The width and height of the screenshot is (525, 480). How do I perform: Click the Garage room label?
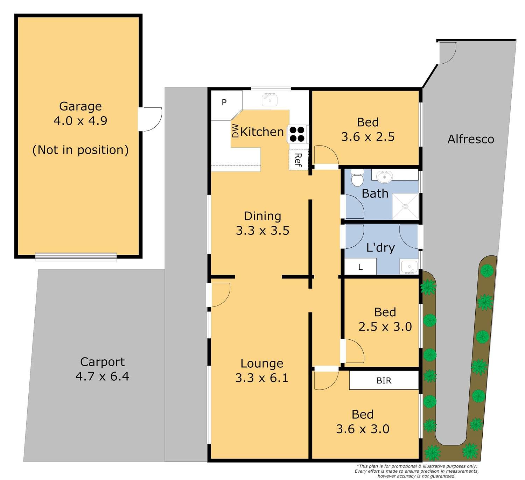point(80,106)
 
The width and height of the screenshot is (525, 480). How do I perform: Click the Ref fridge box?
point(299,160)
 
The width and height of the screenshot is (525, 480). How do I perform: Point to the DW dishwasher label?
point(236,130)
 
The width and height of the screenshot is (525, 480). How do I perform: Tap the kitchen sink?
point(269,100)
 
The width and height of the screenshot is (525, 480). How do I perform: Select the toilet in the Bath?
point(357,177)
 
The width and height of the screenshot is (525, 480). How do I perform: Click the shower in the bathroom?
point(405,206)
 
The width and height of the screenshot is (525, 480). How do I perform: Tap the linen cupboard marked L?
point(360,267)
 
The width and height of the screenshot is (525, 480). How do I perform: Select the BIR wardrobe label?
point(384,380)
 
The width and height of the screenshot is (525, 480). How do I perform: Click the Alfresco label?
point(471,139)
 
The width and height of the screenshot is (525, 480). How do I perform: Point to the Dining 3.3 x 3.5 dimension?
point(262,231)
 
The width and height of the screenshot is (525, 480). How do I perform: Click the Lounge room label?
point(262,363)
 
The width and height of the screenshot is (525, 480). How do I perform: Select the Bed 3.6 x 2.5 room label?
point(368,129)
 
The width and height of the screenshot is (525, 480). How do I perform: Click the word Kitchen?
point(262,132)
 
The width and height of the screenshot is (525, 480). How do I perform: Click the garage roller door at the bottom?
point(76,257)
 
